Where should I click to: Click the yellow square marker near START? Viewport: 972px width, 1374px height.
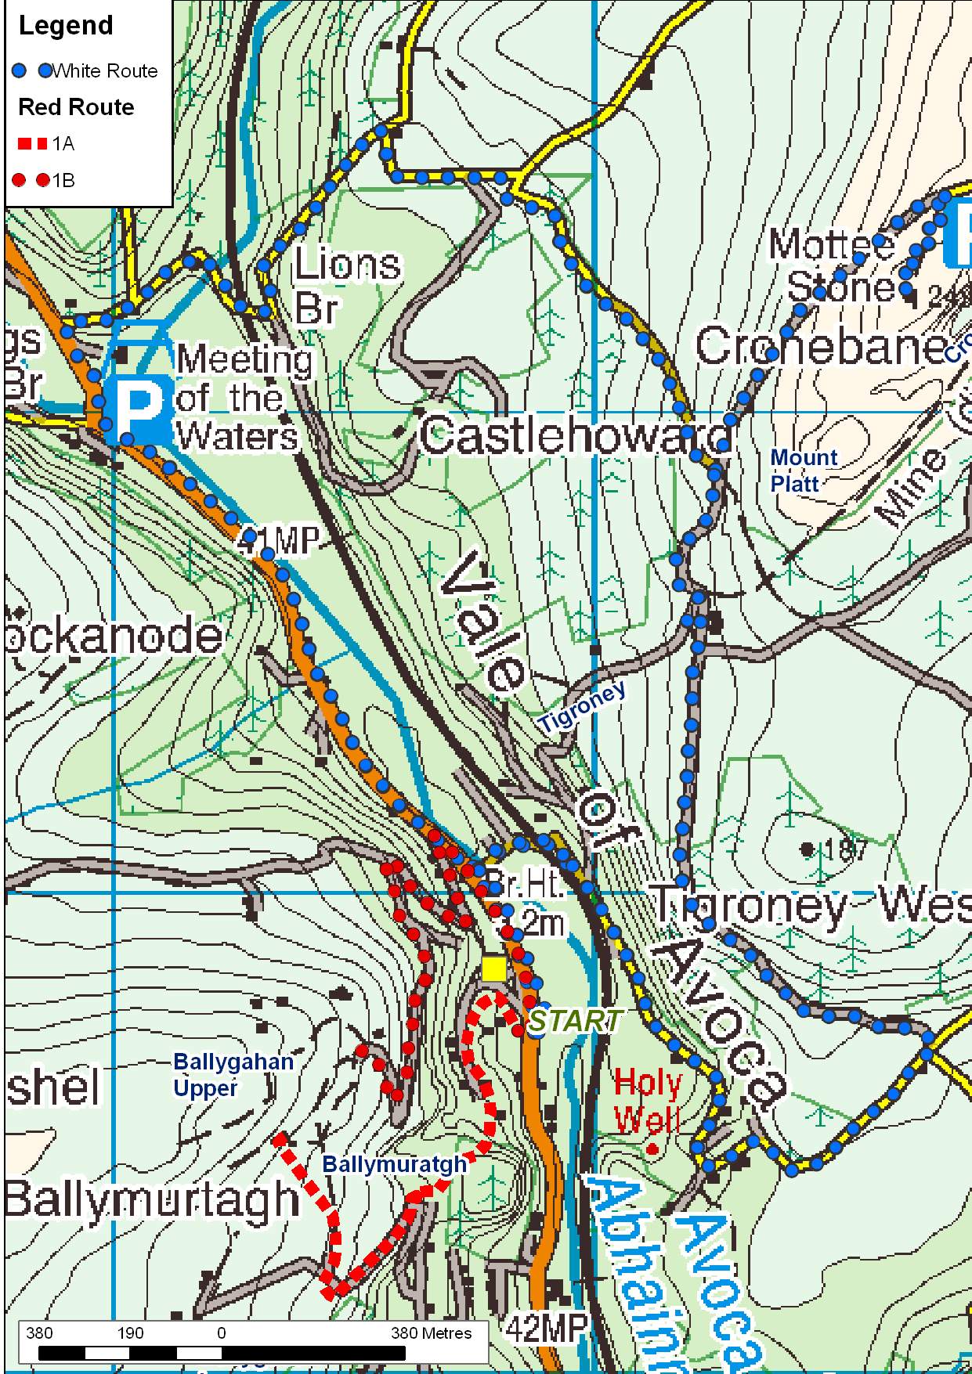pyautogui.click(x=493, y=968)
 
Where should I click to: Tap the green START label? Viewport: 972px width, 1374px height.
pyautogui.click(x=575, y=1020)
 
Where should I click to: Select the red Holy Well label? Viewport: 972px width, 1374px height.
pyautogui.click(x=648, y=1102)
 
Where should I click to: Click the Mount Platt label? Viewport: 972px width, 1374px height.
pyautogui.click(x=804, y=470)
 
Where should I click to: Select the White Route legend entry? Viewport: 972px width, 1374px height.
pyautogui.click(x=86, y=71)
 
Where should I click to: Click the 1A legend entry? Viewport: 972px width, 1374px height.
pyautogui.click(x=47, y=144)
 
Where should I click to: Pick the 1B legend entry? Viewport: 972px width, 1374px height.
pyautogui.click(x=47, y=180)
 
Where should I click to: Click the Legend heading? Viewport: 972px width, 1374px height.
pyautogui.click(x=66, y=26)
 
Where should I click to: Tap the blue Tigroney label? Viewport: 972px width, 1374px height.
pyautogui.click(x=584, y=708)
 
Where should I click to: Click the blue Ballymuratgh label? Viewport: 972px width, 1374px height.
pyautogui.click(x=394, y=1163)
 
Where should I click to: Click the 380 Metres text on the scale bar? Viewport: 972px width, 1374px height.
pyautogui.click(x=431, y=1333)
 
